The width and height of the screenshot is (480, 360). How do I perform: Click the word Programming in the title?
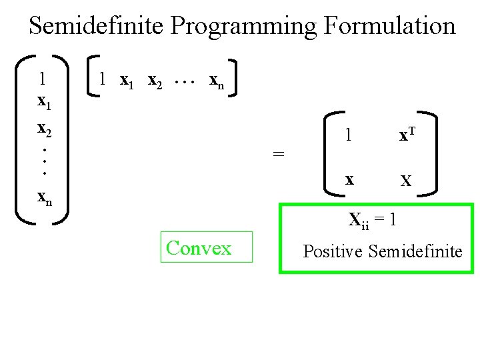point(243,27)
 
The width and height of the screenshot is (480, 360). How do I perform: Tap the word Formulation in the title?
point(389,26)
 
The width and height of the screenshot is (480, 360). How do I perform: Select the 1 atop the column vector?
point(42,79)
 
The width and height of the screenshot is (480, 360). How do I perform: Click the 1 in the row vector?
point(102,79)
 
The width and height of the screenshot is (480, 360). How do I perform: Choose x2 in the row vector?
point(155,81)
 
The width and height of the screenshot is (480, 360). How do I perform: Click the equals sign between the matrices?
point(279,153)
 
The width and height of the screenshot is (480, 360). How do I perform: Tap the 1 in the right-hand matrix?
point(348,135)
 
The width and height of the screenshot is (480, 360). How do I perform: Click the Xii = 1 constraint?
point(373,219)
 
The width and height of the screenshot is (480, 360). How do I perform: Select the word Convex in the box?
point(199,248)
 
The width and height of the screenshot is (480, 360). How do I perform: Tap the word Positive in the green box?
point(333,251)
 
